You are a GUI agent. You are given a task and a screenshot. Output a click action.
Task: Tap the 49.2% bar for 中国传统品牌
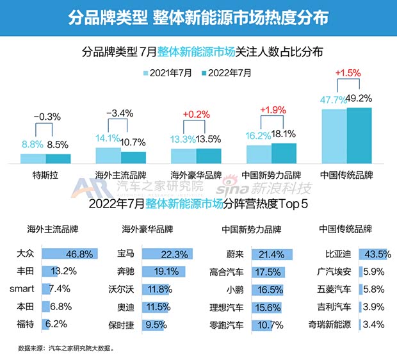tap(359, 136)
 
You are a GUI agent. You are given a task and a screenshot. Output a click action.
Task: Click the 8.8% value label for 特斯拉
tap(33, 145)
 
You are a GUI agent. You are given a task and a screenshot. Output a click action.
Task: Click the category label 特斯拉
tap(45, 174)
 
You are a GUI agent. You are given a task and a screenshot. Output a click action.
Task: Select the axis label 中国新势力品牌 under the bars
tap(271, 174)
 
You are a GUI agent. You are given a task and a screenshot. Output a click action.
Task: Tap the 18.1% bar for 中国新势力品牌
tap(284, 154)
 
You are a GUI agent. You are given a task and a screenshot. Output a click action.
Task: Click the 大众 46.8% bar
tap(70, 254)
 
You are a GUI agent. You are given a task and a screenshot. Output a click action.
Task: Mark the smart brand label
tap(22, 289)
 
